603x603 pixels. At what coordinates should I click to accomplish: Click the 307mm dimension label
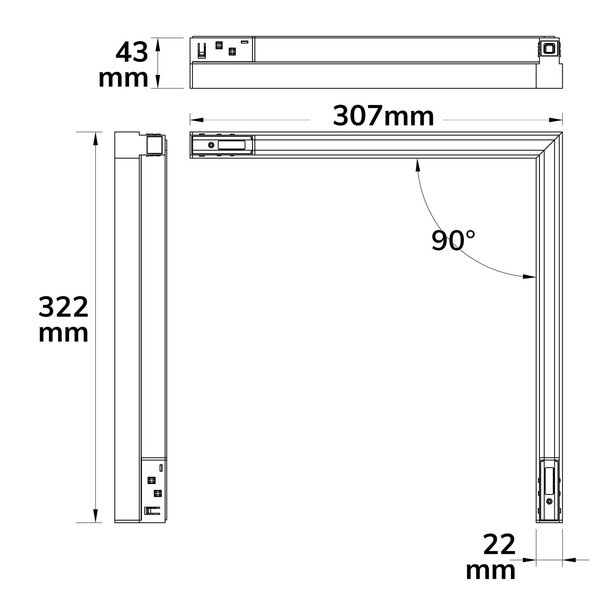(x=383, y=117)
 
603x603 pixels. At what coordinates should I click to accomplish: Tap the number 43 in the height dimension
(x=131, y=53)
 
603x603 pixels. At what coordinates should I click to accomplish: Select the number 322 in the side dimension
(x=64, y=307)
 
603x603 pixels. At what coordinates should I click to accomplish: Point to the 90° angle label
(x=453, y=240)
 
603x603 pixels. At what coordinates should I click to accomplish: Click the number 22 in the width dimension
(x=499, y=545)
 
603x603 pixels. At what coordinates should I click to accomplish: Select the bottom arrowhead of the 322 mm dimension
(x=95, y=516)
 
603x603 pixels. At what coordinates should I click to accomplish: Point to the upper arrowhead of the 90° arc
(x=418, y=164)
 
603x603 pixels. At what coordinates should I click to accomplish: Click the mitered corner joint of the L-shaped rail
(x=550, y=145)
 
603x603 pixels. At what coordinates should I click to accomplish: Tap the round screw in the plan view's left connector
(x=211, y=145)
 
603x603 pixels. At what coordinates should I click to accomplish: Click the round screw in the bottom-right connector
(x=549, y=501)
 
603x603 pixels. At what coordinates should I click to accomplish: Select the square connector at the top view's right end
(x=548, y=49)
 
